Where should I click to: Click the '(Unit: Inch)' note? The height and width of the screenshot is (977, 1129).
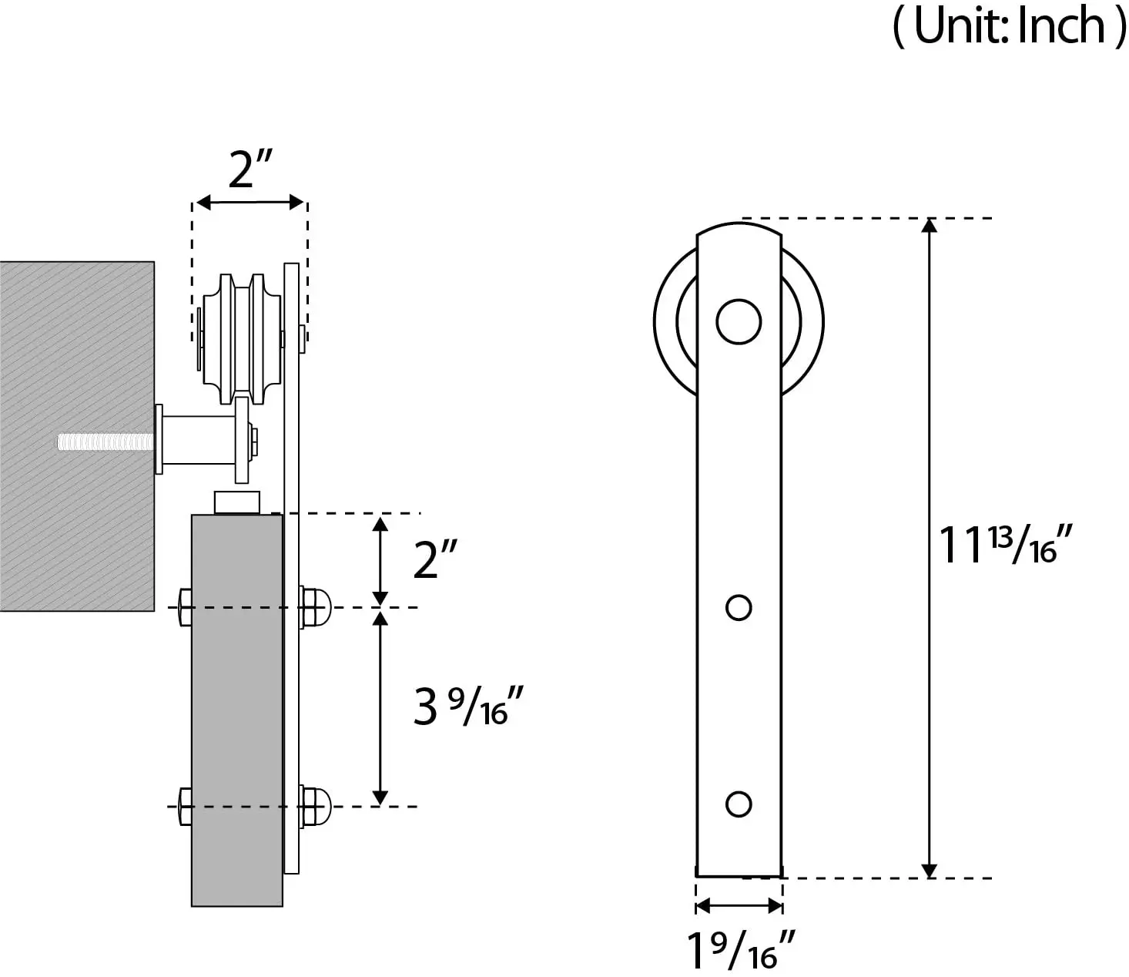1009,26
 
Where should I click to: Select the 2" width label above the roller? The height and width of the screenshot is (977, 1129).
251,170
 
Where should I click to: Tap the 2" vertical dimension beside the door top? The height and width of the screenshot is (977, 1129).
436,559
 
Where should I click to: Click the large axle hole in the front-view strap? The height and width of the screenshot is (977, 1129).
739,321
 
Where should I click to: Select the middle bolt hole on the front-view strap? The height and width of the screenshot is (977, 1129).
739,608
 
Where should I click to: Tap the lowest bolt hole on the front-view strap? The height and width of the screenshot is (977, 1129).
739,804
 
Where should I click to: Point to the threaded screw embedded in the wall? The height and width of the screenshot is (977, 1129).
106,442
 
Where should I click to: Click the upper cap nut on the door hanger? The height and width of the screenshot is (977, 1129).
315,608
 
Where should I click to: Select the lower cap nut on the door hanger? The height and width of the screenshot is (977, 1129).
315,806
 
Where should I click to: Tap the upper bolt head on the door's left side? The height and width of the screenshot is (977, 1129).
185,608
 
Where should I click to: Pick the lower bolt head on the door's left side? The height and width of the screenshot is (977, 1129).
185,806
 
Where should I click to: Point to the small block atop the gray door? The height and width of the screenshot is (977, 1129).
236,503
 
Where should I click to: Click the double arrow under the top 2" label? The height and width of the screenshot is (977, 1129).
250,203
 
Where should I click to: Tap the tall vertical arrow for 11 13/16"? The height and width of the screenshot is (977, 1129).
930,547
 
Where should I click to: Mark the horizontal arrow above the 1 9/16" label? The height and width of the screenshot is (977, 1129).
739,906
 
